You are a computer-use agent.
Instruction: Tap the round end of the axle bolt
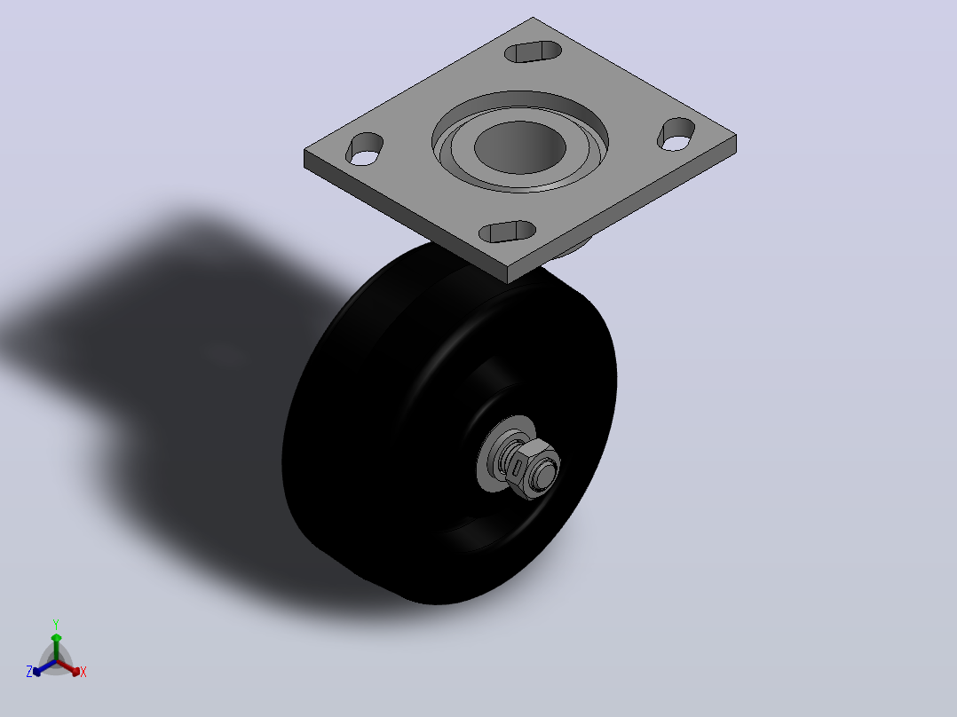pyautogui.click(x=543, y=470)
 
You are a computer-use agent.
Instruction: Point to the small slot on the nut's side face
pyautogui.click(x=518, y=469)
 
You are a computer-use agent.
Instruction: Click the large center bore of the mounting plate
pyautogui.click(x=520, y=146)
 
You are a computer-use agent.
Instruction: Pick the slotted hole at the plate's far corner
pyautogui.click(x=534, y=51)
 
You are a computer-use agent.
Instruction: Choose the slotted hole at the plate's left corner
pyautogui.click(x=364, y=149)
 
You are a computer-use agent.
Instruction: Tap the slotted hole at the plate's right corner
pyautogui.click(x=676, y=134)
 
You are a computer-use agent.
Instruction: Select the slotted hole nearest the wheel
pyautogui.click(x=507, y=232)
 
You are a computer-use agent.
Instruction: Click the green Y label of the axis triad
pyautogui.click(x=56, y=625)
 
